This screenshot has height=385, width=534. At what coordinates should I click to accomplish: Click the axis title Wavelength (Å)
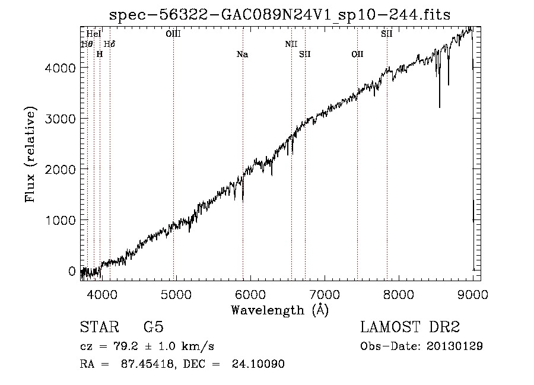point(279,310)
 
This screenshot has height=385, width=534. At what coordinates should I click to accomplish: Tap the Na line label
point(242,55)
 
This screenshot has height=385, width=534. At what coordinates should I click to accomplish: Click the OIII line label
point(173,34)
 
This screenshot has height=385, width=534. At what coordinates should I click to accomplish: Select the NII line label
point(291,44)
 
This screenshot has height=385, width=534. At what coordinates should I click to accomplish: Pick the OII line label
point(357,55)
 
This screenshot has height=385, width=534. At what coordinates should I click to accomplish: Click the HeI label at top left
point(93,34)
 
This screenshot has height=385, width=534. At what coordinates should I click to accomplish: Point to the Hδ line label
point(110,44)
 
